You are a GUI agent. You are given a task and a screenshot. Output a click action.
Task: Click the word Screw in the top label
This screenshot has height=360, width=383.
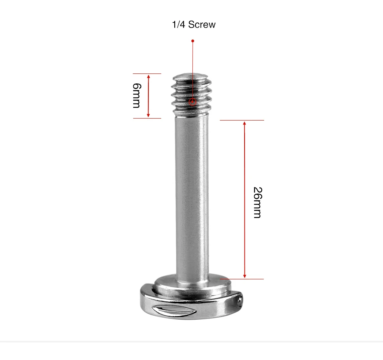(x=202, y=24)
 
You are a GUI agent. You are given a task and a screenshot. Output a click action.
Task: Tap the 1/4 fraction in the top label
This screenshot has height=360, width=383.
(x=179, y=24)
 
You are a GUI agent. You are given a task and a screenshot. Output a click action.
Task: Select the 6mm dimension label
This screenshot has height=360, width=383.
(x=137, y=95)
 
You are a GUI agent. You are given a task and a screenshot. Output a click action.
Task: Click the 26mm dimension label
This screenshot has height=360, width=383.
(x=257, y=202)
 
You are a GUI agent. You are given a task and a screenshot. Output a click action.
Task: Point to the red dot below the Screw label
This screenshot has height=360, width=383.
(x=193, y=41)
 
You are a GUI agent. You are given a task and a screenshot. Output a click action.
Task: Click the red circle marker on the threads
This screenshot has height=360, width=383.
(x=192, y=102)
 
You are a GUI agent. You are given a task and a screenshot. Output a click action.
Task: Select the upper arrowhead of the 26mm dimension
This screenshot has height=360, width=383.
(x=245, y=123)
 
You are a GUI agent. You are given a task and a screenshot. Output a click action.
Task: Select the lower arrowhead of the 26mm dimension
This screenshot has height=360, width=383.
(x=245, y=276)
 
